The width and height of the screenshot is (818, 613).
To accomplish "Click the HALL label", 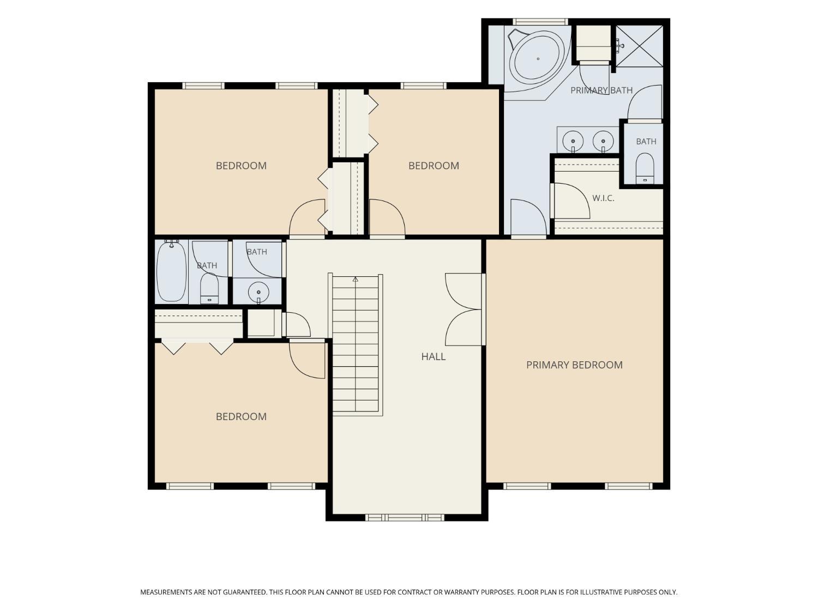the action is (433, 356).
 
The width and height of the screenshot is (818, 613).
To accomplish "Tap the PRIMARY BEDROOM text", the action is (574, 365).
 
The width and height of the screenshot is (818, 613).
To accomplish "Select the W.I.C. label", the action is (603, 198).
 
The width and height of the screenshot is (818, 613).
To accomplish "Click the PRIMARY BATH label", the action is (601, 90).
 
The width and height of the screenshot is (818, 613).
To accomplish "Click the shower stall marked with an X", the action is (639, 46).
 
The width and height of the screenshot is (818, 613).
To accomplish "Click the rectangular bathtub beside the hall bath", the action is (171, 271).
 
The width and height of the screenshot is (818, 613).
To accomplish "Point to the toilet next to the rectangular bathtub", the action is (209, 288).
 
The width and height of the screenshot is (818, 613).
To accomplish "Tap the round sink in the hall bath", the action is (258, 292).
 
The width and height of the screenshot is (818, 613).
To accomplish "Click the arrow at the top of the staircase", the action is (356, 279).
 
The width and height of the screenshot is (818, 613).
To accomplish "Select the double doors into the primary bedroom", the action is (464, 309).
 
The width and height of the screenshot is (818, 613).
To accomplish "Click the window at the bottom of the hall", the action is (405, 518).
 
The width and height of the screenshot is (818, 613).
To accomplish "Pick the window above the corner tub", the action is (540, 22).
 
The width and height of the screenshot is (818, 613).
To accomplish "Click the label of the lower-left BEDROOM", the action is (241, 416).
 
